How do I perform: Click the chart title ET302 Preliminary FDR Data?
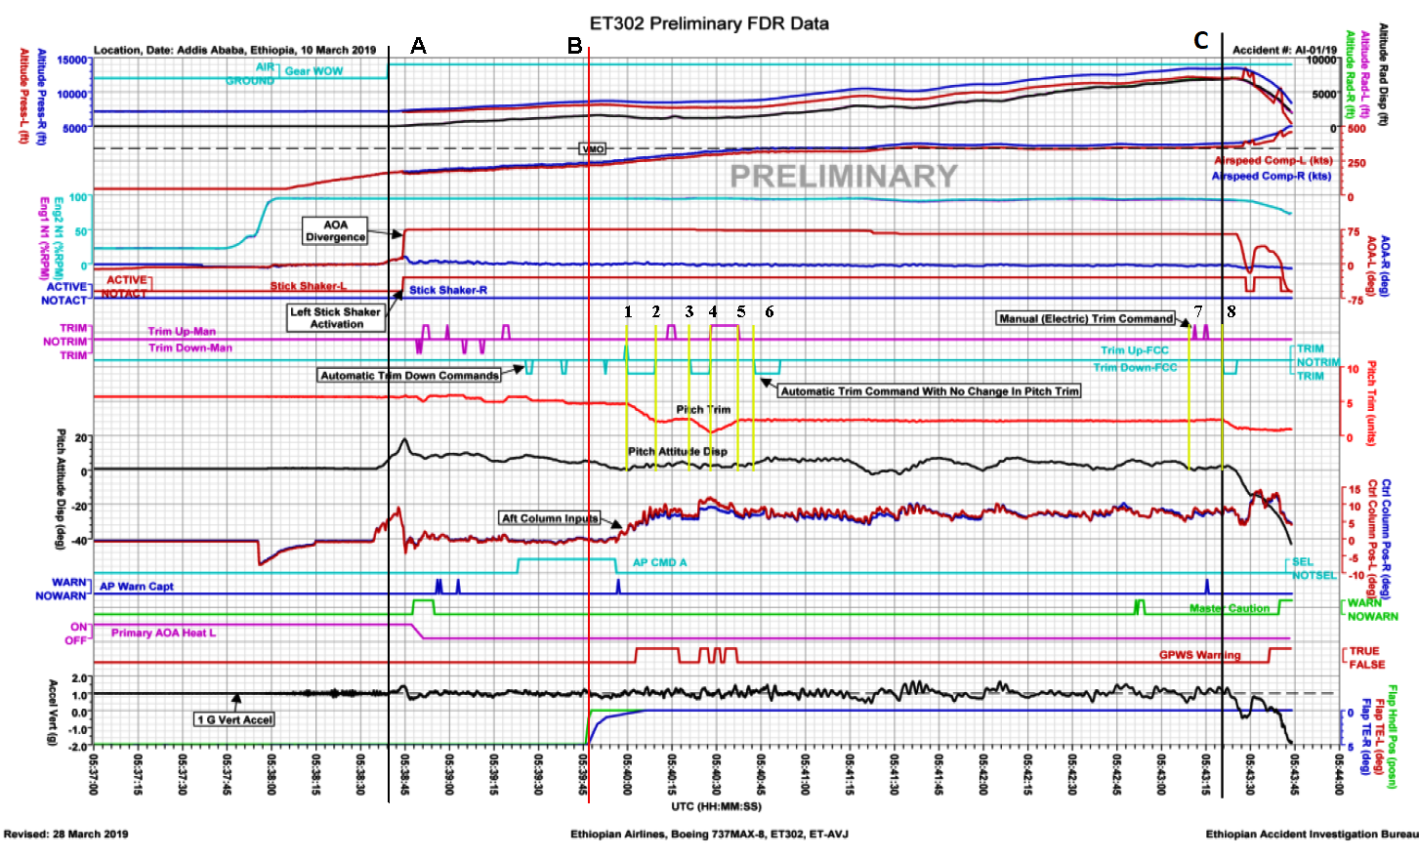709,23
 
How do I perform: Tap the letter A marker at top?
418,46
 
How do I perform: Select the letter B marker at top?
574,46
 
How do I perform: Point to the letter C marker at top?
1201,41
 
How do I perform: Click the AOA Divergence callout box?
335,230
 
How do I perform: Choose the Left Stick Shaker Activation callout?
335,317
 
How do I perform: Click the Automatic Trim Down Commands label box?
409,375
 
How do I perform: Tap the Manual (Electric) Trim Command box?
1086,318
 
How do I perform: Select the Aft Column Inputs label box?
549,518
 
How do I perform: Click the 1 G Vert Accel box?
234,719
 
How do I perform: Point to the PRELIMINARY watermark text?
844,176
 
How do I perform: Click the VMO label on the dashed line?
593,148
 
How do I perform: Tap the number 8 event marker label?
1231,311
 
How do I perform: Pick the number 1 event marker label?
628,311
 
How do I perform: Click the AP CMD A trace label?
659,562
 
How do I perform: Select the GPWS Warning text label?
1199,655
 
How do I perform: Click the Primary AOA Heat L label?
163,633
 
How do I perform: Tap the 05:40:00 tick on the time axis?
626,773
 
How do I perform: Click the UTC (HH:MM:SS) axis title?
716,806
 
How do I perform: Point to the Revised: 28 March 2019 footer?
65,834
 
